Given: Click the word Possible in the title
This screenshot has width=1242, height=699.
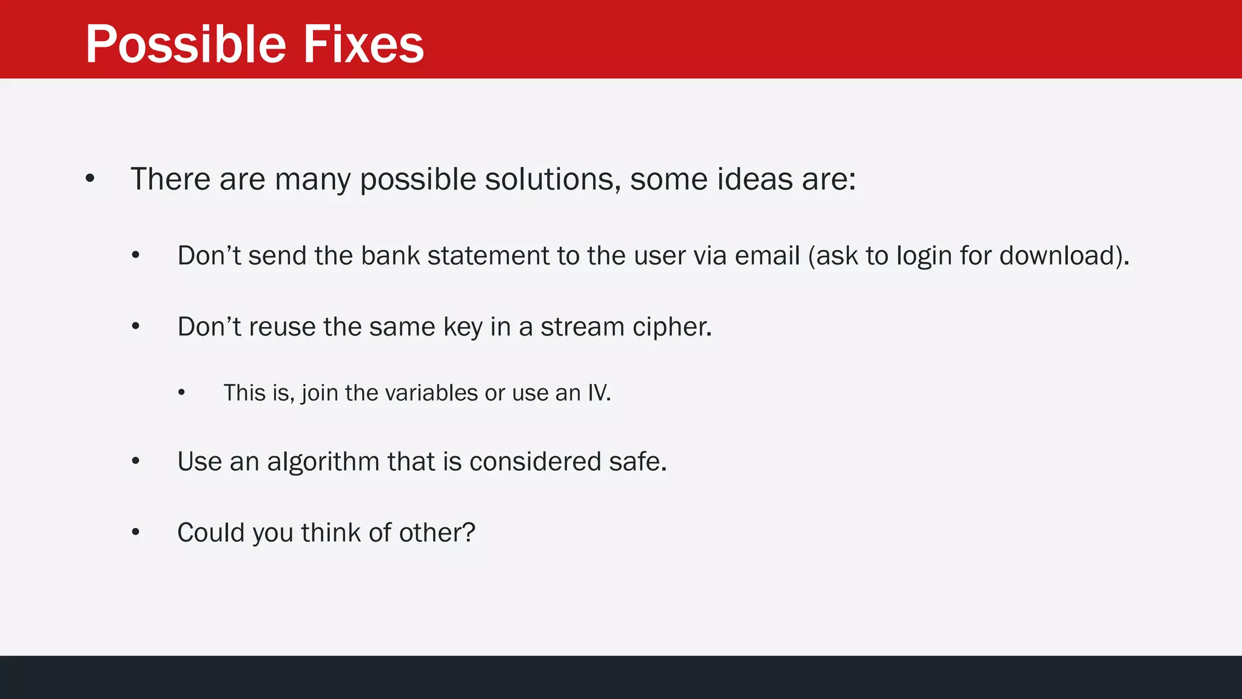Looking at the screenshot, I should coord(186,45).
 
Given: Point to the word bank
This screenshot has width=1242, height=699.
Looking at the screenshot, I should coord(390,256).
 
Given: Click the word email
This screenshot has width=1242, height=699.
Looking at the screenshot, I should coord(767,256).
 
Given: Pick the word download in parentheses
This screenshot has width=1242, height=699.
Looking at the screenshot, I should coord(1058,256).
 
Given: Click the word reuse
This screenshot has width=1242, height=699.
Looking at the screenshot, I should coord(282,327).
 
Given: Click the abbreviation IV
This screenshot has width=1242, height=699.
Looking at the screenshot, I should coord(597,393).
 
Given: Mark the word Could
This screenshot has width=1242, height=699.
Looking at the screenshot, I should coord(210,533).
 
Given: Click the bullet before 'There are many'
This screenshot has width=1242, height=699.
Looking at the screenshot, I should coord(90,179).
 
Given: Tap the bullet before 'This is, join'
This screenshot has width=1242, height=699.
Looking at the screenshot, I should coord(181,393).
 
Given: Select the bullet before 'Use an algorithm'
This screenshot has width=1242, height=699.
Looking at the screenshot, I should coord(136,462).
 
